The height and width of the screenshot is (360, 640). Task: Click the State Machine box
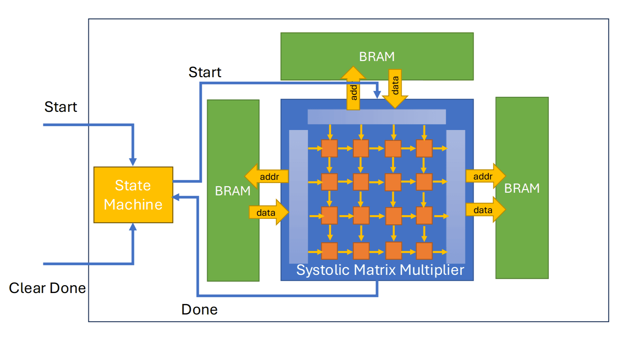point(133,195)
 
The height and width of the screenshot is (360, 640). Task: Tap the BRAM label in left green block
point(233,191)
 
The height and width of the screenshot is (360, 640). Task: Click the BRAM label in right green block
point(522,188)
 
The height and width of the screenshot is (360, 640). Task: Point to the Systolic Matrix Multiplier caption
point(380,270)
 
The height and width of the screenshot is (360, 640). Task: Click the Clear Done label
point(47,288)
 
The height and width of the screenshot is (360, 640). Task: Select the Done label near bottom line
point(199,310)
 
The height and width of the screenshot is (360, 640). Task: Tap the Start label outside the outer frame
point(61,107)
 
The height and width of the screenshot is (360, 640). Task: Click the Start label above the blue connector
point(205,72)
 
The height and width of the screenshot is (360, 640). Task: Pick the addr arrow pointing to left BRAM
point(267,177)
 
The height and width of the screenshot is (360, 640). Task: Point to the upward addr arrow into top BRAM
point(353,89)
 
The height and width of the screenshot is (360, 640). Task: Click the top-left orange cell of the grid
point(329,148)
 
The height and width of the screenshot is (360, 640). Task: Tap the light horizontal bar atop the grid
point(376,117)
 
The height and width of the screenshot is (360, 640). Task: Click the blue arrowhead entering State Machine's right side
point(176,197)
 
